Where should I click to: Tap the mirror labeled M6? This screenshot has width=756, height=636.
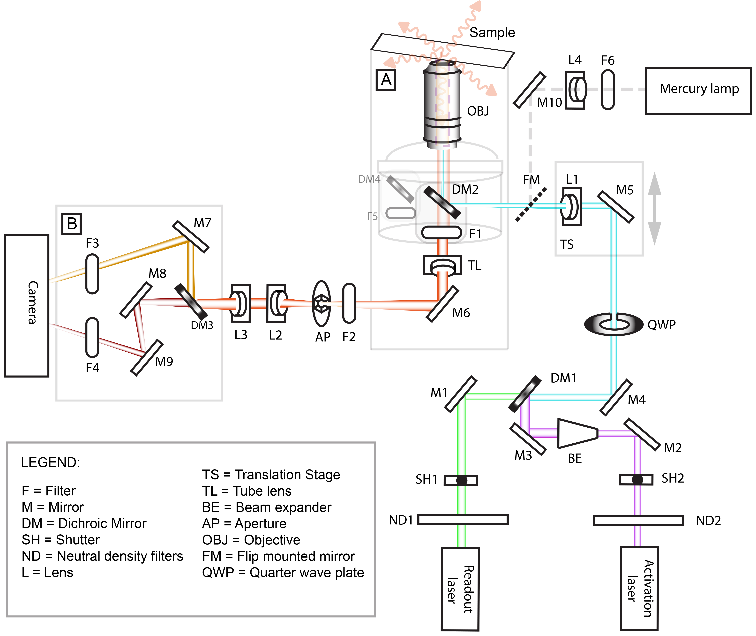442,304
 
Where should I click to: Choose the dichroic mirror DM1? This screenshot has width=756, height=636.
524,394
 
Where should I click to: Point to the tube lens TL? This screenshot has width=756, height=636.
442,265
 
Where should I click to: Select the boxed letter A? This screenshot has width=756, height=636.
386,80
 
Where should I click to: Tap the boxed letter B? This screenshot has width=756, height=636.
72,224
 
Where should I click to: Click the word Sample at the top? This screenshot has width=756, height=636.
492,32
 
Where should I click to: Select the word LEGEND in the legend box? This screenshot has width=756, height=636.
51,462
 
